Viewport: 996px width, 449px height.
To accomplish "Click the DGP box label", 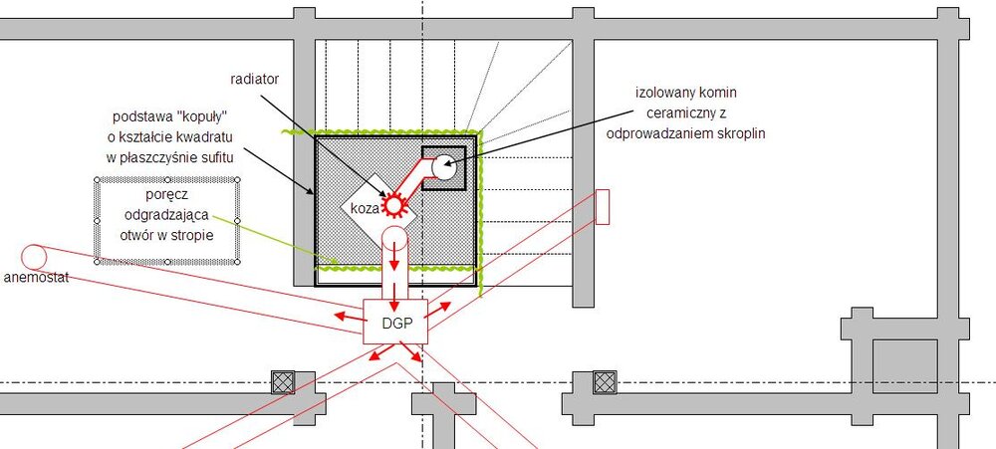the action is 397,323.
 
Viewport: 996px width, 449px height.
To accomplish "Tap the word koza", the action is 365,207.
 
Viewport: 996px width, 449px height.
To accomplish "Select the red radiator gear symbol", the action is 394,204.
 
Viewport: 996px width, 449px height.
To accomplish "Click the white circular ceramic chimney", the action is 443,167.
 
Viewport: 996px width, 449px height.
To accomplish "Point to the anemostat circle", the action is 34,257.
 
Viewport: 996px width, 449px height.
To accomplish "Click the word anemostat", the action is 36,277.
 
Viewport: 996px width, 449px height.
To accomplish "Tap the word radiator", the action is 255,79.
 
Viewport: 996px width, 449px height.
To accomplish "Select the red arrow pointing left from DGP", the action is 348,315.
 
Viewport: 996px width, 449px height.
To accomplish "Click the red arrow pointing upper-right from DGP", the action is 437,310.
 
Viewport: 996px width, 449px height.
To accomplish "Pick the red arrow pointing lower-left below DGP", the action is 381,352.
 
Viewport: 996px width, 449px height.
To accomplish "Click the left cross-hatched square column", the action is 283,382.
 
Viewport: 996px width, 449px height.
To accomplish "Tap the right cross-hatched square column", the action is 605,382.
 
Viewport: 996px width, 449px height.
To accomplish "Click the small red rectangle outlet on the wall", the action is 603,206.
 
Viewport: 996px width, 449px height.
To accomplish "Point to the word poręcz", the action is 165,194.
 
